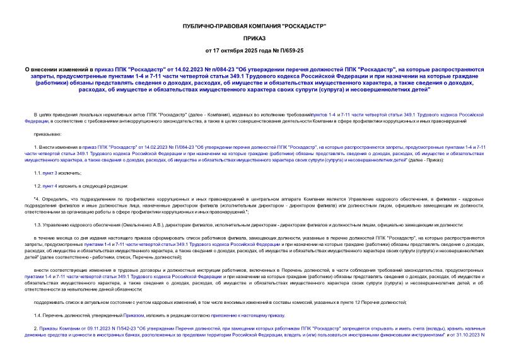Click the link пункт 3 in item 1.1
click(x=52, y=171)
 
